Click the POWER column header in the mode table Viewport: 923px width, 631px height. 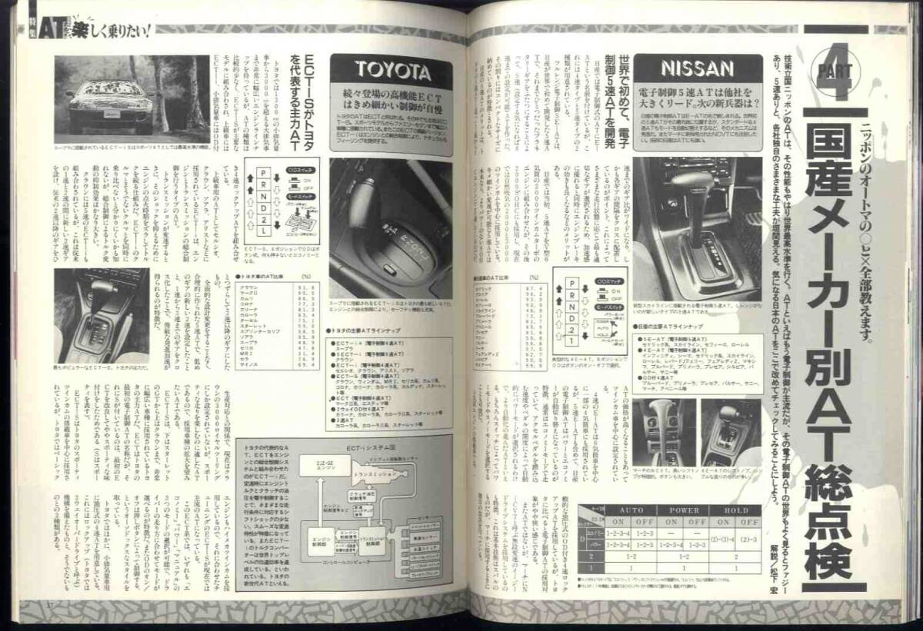tap(684, 510)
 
